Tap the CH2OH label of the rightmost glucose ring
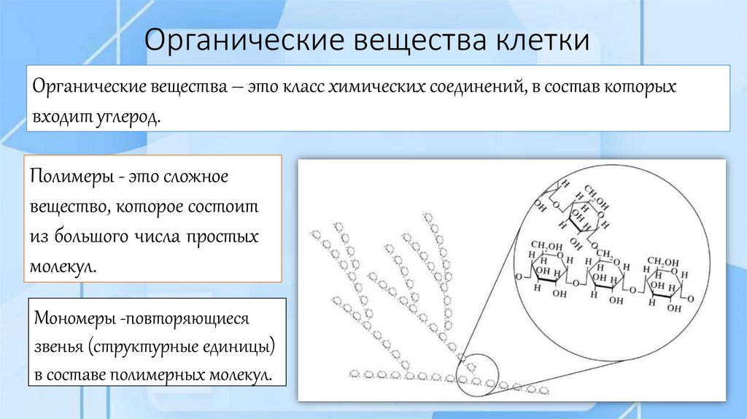click(663, 262)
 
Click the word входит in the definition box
click(58, 117)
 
